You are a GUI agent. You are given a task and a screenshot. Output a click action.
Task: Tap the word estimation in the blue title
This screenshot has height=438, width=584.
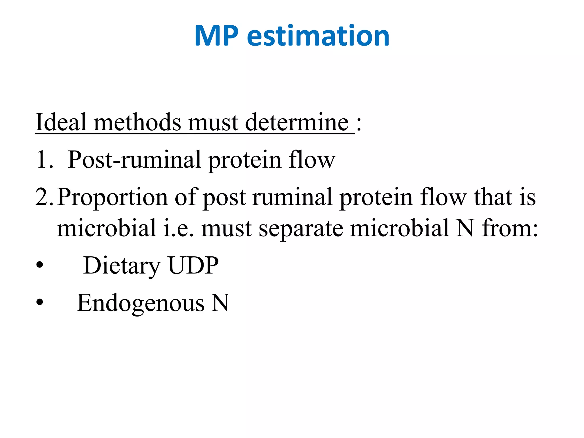pyautogui.click(x=318, y=36)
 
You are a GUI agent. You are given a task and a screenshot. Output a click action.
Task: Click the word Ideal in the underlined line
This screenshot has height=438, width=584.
pyautogui.click(x=61, y=122)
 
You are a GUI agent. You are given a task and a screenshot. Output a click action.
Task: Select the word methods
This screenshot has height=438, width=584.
pyautogui.click(x=137, y=122)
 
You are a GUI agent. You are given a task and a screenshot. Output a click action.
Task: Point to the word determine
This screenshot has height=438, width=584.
pyautogui.click(x=297, y=122)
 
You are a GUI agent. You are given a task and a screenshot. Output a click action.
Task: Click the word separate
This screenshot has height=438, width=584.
pyautogui.click(x=301, y=228)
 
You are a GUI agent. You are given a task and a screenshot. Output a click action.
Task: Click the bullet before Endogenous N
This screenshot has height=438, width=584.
pyautogui.click(x=40, y=303)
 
